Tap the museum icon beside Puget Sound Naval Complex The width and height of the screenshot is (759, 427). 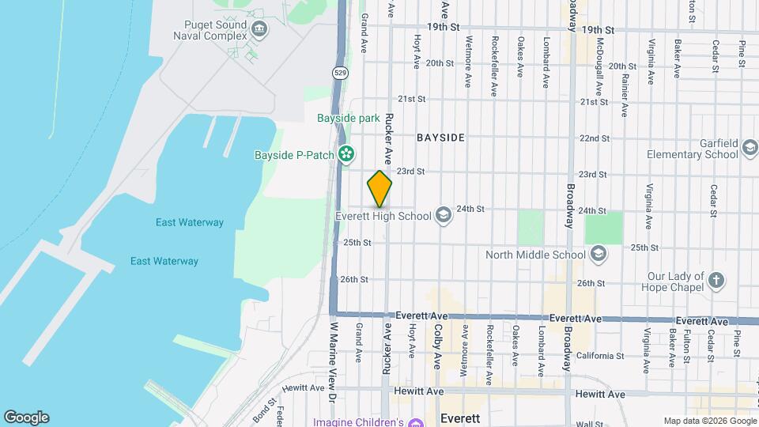(x=259, y=31)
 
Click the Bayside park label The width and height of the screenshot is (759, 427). (x=349, y=119)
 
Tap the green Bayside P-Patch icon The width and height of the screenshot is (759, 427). (x=346, y=154)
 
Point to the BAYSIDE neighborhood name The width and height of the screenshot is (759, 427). (x=440, y=138)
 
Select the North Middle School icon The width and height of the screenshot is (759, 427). (x=599, y=254)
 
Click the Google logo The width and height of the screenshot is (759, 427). (x=26, y=418)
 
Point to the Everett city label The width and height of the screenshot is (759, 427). (x=460, y=417)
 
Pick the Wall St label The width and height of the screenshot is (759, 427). (x=589, y=424)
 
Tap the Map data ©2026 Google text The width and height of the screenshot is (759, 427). (x=709, y=421)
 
